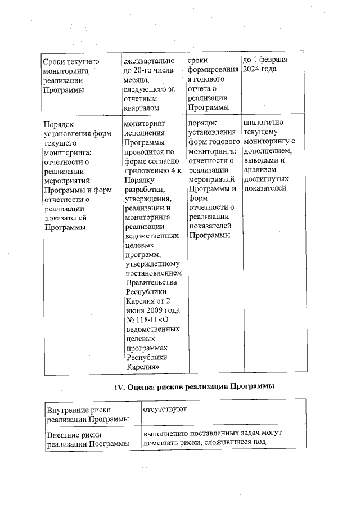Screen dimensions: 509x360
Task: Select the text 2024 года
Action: click(260, 69)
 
